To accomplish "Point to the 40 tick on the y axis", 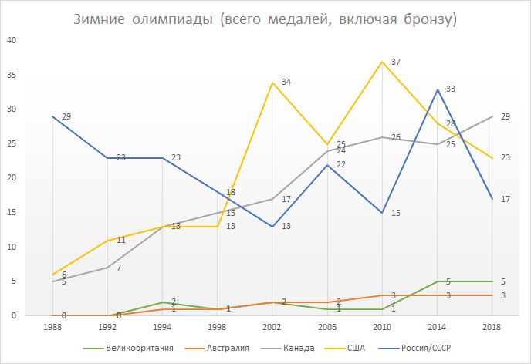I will (x=12, y=40).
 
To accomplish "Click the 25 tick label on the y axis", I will (x=12, y=143).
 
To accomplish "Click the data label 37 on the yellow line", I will (x=396, y=62).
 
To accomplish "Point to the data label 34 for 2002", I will (x=286, y=82).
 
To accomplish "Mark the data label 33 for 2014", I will (x=451, y=89).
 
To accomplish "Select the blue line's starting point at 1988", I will (x=52, y=116).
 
